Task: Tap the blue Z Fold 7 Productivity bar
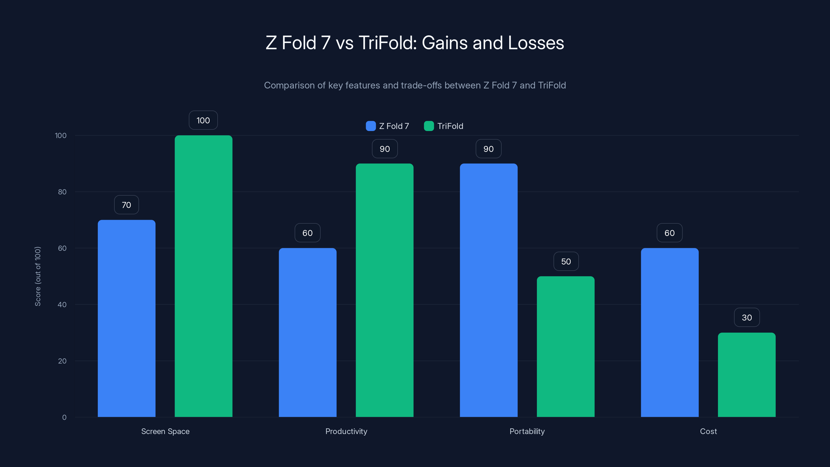307,332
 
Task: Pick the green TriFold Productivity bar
384,290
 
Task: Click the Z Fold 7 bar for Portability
488,290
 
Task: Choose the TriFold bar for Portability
565,346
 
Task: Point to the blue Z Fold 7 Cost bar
669,332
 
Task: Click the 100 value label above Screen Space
203,120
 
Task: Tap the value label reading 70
126,205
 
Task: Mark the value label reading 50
566,261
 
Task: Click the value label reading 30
746,318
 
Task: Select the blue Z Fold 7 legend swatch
371,126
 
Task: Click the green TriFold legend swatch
428,126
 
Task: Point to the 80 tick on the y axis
62,192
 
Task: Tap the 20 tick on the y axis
62,361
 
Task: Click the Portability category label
527,431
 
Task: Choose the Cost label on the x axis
708,431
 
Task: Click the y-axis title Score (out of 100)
38,276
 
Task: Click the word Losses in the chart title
536,43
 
